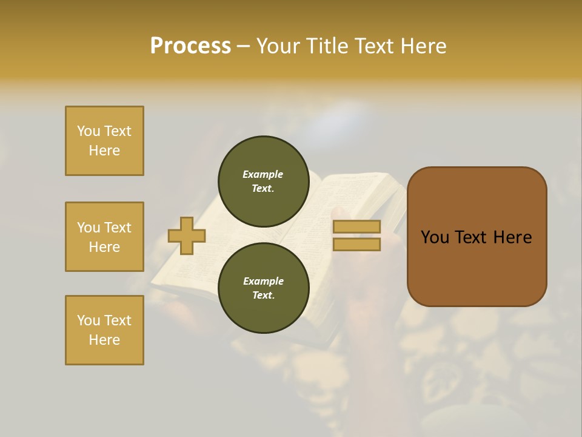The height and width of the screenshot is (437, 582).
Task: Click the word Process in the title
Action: pyautogui.click(x=190, y=46)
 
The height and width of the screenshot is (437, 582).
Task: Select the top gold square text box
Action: pyautogui.click(x=104, y=141)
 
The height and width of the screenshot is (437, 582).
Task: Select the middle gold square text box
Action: pyautogui.click(x=104, y=237)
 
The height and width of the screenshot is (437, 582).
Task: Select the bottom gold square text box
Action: pyautogui.click(x=104, y=330)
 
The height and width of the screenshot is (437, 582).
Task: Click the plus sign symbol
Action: pyautogui.click(x=187, y=235)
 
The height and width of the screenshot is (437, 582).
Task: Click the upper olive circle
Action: pyautogui.click(x=263, y=181)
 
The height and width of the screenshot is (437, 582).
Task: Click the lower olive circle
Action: pyautogui.click(x=263, y=288)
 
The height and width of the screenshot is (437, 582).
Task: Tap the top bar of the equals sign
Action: pyautogui.click(x=356, y=227)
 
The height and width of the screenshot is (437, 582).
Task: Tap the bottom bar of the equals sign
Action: pyautogui.click(x=356, y=244)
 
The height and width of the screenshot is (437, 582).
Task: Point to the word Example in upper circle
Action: pyautogui.click(x=263, y=174)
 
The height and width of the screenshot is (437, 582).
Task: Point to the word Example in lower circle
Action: pyautogui.click(x=263, y=281)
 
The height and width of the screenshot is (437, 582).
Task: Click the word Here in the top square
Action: pyautogui.click(x=104, y=151)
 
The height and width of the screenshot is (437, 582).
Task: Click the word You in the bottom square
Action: pyautogui.click(x=89, y=320)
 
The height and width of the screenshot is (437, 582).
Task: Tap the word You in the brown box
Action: pyautogui.click(x=435, y=237)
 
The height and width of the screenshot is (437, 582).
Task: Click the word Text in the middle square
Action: pyautogui.click(x=118, y=228)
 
